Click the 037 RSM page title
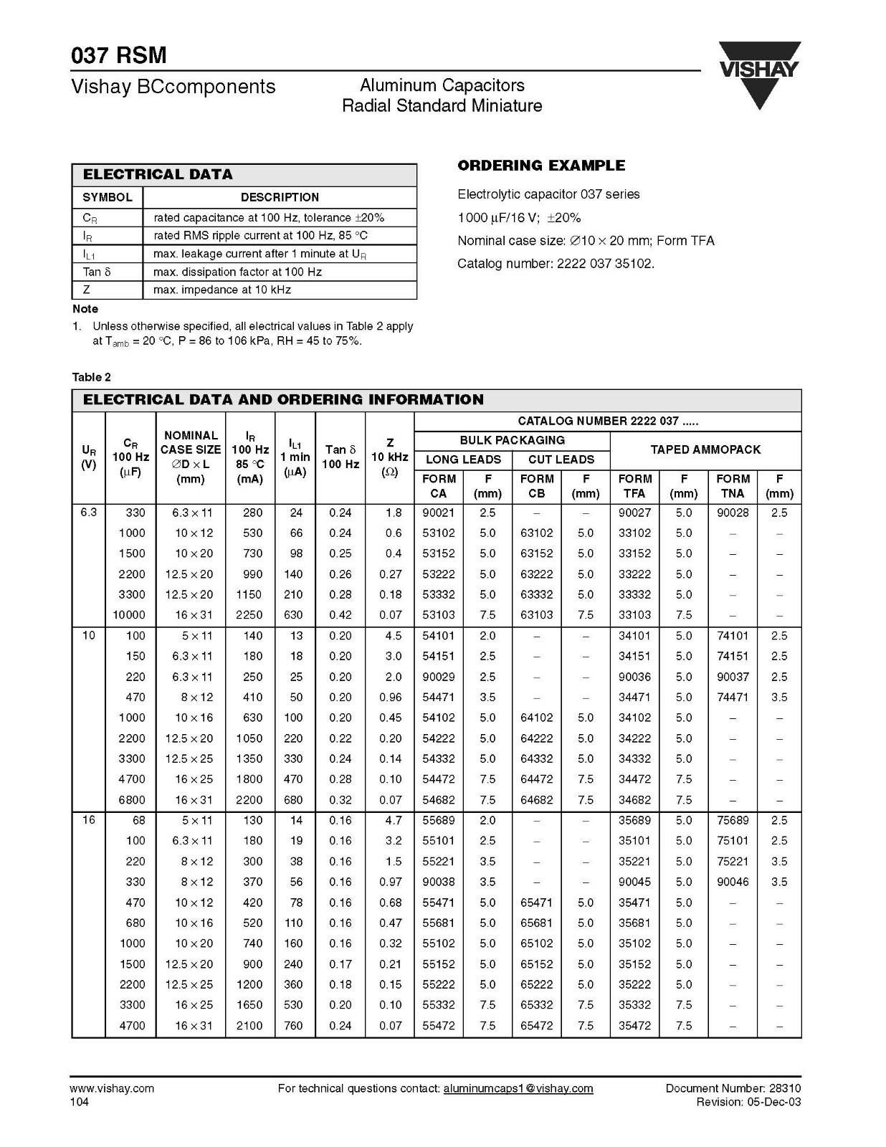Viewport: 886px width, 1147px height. tap(119, 55)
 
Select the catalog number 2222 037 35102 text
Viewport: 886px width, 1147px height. tap(556, 264)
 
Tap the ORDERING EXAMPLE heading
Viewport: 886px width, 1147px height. tap(541, 166)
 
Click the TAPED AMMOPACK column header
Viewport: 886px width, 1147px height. tap(705, 450)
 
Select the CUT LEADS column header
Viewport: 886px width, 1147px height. tap(561, 460)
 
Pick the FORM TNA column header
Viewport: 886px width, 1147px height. tap(733, 486)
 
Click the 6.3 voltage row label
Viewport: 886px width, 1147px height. tap(89, 513)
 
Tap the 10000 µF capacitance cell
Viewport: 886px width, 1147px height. tap(129, 615)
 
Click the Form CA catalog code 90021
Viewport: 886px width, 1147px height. tap(439, 513)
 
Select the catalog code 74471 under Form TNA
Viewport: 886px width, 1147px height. tap(733, 698)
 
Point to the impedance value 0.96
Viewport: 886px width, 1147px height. tap(391, 698)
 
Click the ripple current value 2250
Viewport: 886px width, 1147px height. tap(250, 615)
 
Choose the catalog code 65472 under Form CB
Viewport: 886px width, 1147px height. tap(537, 1026)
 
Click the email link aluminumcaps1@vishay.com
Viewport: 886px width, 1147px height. tap(518, 1088)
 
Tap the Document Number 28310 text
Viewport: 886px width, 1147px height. tap(733, 1088)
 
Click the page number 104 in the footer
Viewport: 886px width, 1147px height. tap(80, 1102)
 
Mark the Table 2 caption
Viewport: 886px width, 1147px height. tap(92, 377)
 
